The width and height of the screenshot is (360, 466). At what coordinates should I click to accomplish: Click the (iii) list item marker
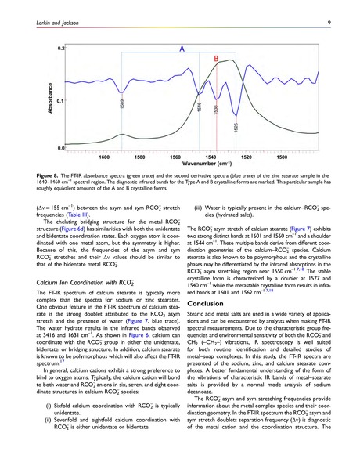point(199,208)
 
